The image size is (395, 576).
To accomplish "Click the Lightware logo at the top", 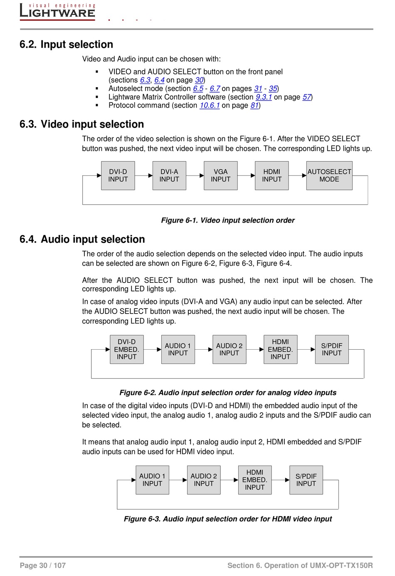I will click(57, 11).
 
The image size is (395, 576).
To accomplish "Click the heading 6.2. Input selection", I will click(67, 44).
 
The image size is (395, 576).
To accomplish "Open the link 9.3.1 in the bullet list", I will click(264, 97).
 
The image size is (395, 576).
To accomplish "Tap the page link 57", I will click(306, 97).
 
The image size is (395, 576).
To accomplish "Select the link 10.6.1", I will click(210, 105).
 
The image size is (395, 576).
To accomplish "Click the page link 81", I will click(254, 105).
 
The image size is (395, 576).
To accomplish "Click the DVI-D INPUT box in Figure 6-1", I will click(118, 176).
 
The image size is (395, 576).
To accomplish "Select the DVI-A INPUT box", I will click(169, 176).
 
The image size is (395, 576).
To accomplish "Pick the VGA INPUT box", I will click(220, 176).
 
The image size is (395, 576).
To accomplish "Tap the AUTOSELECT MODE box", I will click(329, 176).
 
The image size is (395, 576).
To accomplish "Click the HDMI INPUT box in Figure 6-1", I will click(272, 176).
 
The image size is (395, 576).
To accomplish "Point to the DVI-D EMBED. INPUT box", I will click(126, 349).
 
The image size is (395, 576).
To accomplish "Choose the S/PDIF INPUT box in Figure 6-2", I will click(331, 349).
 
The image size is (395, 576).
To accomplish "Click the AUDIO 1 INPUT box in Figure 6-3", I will click(152, 480).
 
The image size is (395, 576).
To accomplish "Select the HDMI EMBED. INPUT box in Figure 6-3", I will click(254, 480).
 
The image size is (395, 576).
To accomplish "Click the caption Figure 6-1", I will click(228, 221).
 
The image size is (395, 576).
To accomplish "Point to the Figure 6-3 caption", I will click(228, 519).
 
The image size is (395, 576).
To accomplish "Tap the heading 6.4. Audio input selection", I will click(82, 239).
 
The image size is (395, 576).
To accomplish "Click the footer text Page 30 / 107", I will click(43, 565).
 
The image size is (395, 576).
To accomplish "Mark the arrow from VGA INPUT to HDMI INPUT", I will click(246, 176).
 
